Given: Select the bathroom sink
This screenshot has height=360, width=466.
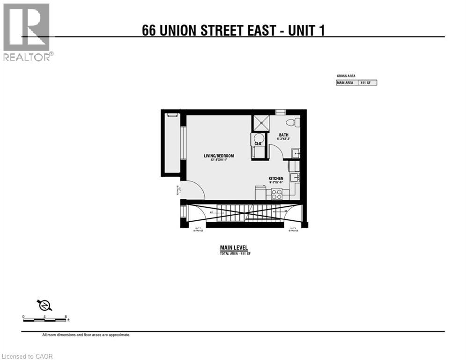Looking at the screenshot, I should [295, 154].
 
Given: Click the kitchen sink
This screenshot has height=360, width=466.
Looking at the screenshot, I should [294, 177].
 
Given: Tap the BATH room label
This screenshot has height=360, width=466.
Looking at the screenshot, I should [284, 135].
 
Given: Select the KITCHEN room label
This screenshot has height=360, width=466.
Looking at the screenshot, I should [275, 179].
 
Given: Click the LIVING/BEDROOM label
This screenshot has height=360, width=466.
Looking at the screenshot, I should [219, 156].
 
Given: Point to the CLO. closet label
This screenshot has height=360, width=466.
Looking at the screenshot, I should [258, 144].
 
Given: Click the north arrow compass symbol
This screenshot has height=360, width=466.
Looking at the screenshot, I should [45, 305].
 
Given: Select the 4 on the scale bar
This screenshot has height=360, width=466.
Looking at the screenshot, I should [44, 317].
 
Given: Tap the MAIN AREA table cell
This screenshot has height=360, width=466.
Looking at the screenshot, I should [347, 83].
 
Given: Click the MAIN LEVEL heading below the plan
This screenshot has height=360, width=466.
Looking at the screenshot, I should [234, 248].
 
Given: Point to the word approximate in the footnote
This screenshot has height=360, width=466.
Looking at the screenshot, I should [120, 335].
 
